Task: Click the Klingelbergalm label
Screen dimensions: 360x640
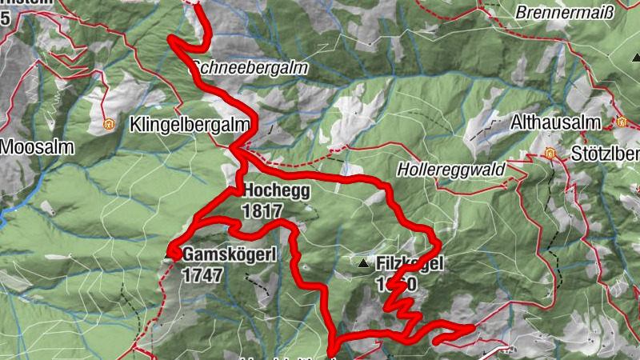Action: (190, 126)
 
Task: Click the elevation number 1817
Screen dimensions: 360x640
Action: (266, 211)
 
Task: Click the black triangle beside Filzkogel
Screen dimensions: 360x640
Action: (364, 262)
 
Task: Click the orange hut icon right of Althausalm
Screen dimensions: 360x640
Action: (621, 122)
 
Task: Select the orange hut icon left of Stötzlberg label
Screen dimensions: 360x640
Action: (550, 153)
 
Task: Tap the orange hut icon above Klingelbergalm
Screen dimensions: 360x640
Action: (108, 125)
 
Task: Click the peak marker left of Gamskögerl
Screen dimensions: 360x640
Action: (171, 255)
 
